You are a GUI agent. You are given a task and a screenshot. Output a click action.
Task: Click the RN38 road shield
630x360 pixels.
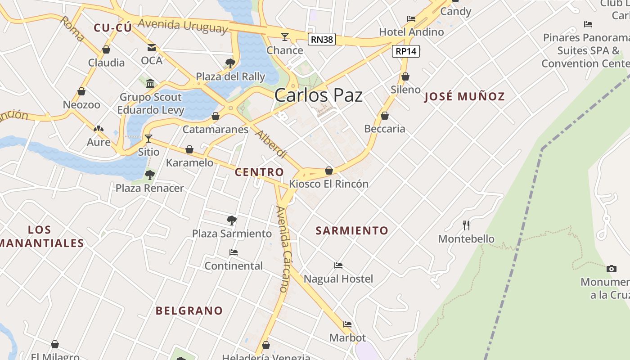coord(322,39)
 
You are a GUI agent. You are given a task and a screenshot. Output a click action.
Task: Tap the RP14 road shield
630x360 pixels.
coord(406,51)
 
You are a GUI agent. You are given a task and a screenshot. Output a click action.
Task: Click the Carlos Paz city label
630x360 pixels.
coord(318,95)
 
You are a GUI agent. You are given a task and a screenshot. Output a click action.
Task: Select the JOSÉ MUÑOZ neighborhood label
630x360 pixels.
coord(464,96)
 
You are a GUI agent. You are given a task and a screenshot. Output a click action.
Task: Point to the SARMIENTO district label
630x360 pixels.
coord(352,231)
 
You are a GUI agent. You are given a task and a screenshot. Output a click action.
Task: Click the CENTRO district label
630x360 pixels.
coord(260,172)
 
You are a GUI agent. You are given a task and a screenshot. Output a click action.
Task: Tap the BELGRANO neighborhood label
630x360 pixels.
coord(189,310)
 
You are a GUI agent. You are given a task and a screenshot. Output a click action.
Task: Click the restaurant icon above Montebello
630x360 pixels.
coord(466,225)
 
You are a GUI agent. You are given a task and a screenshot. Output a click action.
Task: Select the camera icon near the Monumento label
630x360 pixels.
coord(611,269)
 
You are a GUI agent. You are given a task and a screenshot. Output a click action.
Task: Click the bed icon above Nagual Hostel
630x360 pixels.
coord(338,265)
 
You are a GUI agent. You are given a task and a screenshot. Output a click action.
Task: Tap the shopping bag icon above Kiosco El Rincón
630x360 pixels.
coord(329,171)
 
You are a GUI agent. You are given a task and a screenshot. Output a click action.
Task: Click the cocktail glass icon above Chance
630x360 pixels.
coord(285,36)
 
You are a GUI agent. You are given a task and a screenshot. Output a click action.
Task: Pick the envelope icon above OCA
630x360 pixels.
coord(152,47)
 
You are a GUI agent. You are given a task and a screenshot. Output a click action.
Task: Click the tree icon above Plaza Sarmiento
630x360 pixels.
coord(232,220)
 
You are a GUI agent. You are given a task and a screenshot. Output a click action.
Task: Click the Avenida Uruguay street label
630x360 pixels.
coord(183,25)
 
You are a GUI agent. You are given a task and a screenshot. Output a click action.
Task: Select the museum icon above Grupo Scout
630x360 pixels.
coord(150,83)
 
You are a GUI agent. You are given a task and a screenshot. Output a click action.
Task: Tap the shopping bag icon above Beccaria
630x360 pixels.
coord(385,116)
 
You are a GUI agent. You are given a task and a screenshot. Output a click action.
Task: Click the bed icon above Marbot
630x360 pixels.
coord(347,324)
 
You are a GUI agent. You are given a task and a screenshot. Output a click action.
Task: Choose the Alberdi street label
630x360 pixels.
coord(271,144)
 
